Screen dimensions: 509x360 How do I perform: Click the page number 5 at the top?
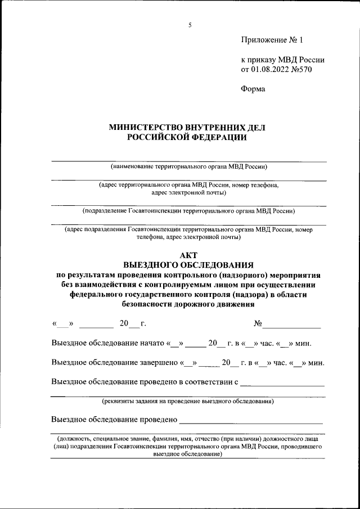(190, 25)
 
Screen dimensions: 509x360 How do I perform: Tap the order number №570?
(301, 70)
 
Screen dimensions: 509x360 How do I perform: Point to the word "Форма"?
(253, 89)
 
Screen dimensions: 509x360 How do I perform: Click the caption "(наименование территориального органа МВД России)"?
(189, 166)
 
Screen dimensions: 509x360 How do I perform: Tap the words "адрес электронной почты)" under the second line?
(189, 193)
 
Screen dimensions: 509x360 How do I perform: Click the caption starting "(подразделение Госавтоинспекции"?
(189, 211)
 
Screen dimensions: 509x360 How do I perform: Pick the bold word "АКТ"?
(188, 255)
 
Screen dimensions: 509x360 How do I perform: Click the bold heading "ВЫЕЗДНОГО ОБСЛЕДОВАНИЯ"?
(188, 264)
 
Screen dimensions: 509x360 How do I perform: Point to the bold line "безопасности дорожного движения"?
(188, 305)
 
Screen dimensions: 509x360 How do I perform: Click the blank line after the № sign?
(292, 325)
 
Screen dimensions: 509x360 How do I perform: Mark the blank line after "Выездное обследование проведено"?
(251, 421)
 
